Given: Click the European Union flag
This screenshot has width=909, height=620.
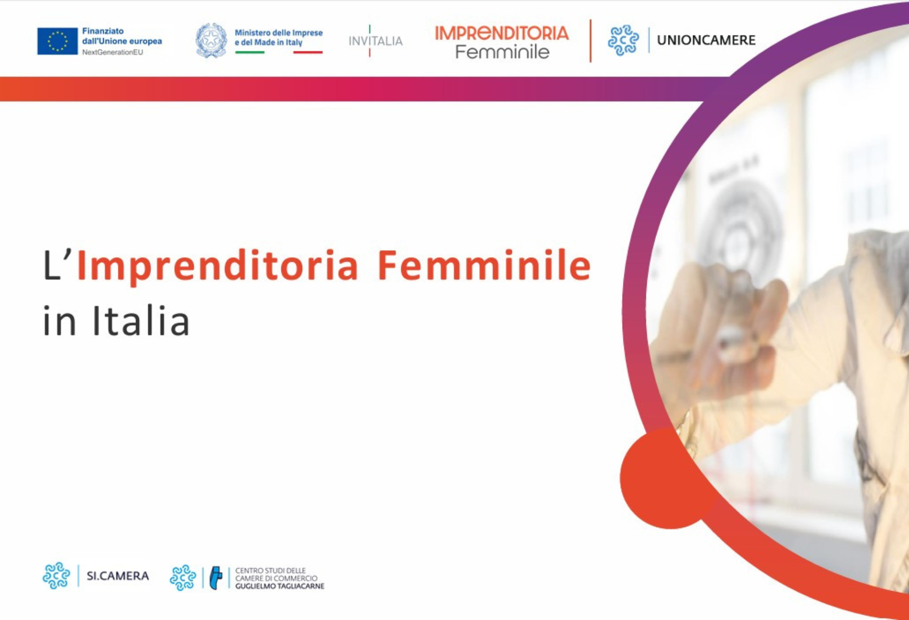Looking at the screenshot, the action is (x=57, y=41).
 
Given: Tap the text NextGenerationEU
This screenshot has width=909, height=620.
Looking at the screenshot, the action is (x=112, y=52).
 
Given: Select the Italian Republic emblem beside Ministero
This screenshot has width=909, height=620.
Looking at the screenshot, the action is (x=211, y=40).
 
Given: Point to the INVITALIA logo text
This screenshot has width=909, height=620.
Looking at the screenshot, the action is (x=376, y=41).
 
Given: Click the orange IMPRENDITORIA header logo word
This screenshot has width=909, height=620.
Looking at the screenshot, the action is (x=502, y=33).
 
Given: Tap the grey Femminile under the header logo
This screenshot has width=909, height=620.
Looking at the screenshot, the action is (x=502, y=52).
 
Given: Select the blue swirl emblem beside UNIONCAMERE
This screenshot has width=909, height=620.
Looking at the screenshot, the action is (x=623, y=40).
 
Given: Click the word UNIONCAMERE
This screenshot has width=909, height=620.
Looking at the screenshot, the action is (x=706, y=40).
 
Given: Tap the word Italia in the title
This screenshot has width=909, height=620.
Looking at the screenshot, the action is (x=141, y=320).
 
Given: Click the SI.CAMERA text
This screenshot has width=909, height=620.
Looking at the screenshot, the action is (x=118, y=576).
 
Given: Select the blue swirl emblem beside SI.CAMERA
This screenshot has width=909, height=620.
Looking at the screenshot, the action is (x=56, y=575).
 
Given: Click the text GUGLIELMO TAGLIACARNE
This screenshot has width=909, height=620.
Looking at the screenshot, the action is (x=280, y=586).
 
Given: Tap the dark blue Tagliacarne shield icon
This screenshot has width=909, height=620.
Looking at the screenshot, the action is (x=216, y=578).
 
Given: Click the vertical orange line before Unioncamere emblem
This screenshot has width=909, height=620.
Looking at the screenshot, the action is (x=590, y=41).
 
